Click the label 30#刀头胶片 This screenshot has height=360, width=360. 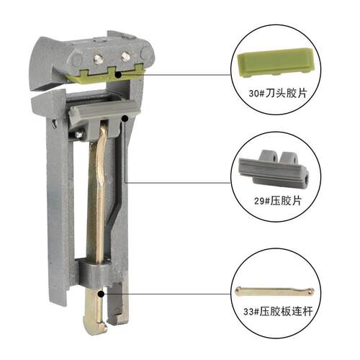pyautogui.click(x=278, y=93)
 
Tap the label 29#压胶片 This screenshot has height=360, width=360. pyautogui.click(x=278, y=201)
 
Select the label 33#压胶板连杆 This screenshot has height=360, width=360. pyautogui.click(x=278, y=312)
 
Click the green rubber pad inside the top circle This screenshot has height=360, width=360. pyautogui.click(x=276, y=63)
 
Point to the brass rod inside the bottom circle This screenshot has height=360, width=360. pyautogui.click(x=274, y=292)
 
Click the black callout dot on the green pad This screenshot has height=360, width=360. pyautogui.click(x=118, y=75)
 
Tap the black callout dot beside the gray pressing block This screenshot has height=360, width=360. pyautogui.click(x=125, y=118)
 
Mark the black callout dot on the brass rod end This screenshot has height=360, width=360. pyautogui.click(x=101, y=294)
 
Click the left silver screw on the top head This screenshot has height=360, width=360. pyautogui.click(x=99, y=58)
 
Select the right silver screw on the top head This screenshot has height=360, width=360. pyautogui.click(x=125, y=57)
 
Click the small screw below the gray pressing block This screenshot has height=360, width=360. pyautogui.click(x=79, y=135)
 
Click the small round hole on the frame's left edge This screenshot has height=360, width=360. pyautogui.click(x=55, y=124)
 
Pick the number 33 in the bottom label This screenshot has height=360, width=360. pyautogui.click(x=248, y=312)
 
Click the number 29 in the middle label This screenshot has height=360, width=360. pyautogui.click(x=258, y=201)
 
